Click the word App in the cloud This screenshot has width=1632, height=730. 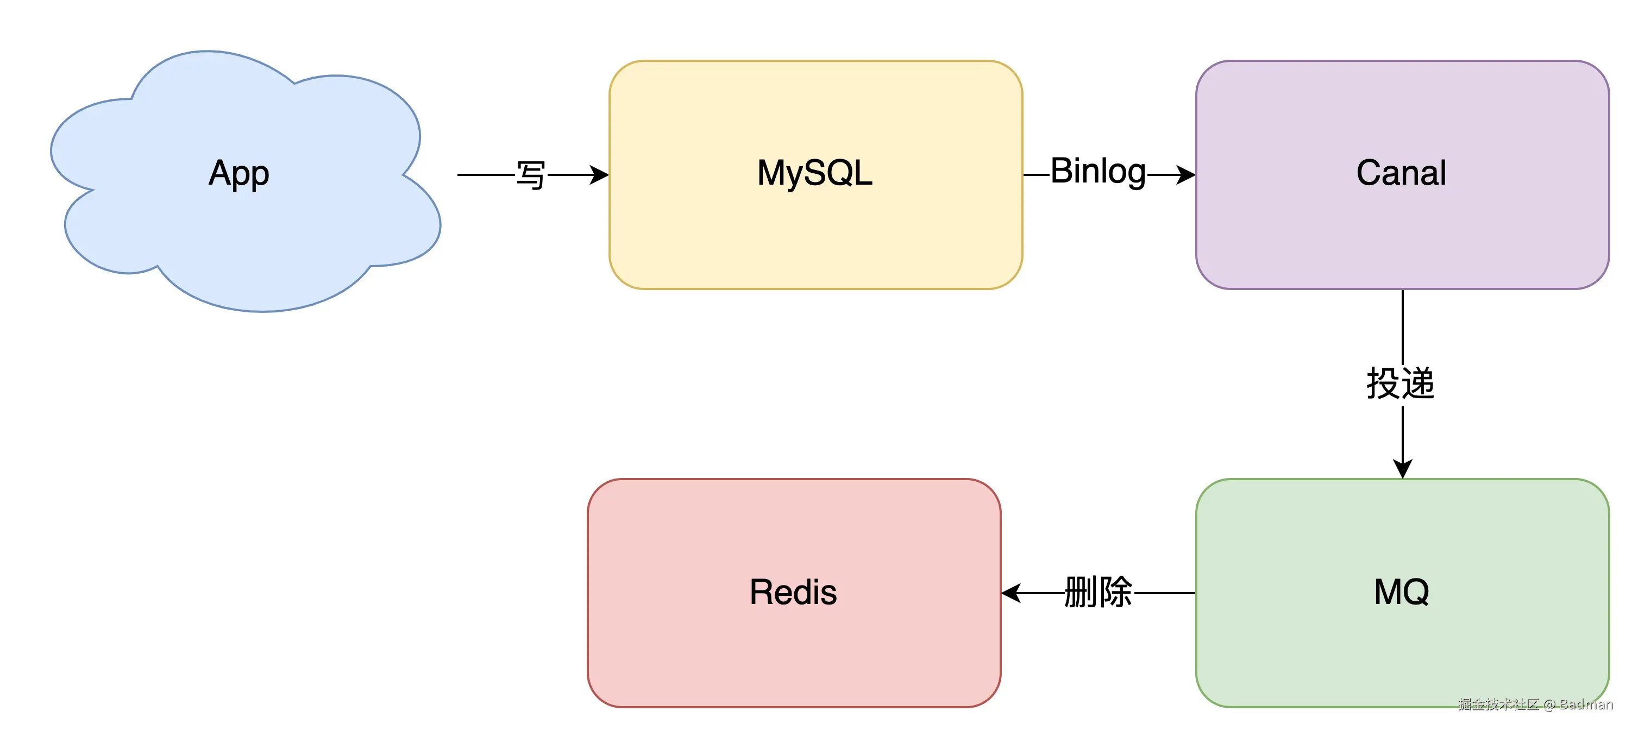coord(239,173)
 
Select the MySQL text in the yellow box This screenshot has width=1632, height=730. coord(815,173)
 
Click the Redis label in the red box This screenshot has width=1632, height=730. coord(793,592)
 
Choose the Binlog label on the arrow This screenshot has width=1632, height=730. coord(1098,172)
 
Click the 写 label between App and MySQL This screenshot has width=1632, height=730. coord(530,175)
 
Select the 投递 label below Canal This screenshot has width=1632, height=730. coord(1400,383)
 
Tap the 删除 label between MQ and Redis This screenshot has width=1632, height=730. coord(1098,593)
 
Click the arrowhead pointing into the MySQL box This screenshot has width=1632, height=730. coord(599,174)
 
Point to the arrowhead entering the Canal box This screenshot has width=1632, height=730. coord(1185,174)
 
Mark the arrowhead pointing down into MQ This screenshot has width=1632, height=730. coord(1403,469)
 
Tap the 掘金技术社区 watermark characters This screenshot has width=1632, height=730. coord(1498,704)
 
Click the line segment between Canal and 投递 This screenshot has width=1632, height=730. coord(1403,326)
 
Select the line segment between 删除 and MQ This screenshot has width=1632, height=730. coord(1164,593)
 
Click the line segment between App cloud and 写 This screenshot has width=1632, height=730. coord(485,174)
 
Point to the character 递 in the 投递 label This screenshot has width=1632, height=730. coord(1418,383)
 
